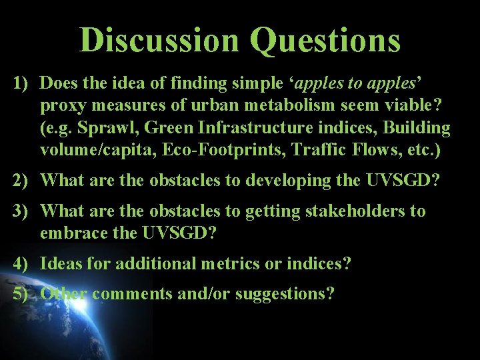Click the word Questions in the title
(x=326, y=41)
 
